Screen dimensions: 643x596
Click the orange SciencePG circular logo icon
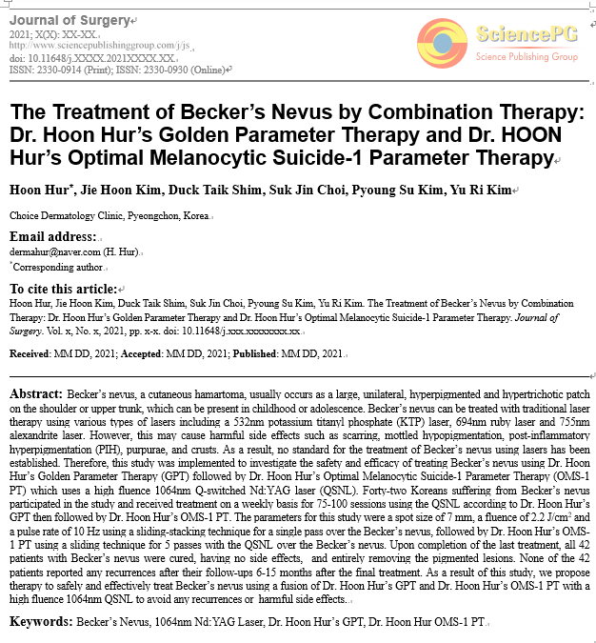(x=442, y=44)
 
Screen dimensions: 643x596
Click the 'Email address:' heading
(x=52, y=236)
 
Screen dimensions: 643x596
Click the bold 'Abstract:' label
(x=36, y=393)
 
